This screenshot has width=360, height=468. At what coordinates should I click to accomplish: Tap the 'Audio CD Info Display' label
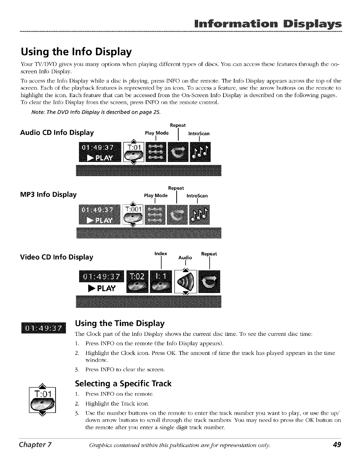coord(57,132)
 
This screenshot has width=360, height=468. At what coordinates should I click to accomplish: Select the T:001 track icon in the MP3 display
coord(133,214)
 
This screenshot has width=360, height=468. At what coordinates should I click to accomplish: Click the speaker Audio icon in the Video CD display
coord(186,282)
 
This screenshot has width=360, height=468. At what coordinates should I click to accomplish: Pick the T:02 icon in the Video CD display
coord(137,282)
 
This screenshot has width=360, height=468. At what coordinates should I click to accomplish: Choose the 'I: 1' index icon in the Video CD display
coord(161,282)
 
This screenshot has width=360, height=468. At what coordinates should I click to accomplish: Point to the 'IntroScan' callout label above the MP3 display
coord(197,196)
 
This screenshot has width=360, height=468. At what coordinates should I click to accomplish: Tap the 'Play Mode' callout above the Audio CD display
coord(156,133)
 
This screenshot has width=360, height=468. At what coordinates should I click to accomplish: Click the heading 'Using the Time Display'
coord(120,323)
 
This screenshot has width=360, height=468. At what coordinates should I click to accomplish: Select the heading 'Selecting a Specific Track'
coord(123,383)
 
